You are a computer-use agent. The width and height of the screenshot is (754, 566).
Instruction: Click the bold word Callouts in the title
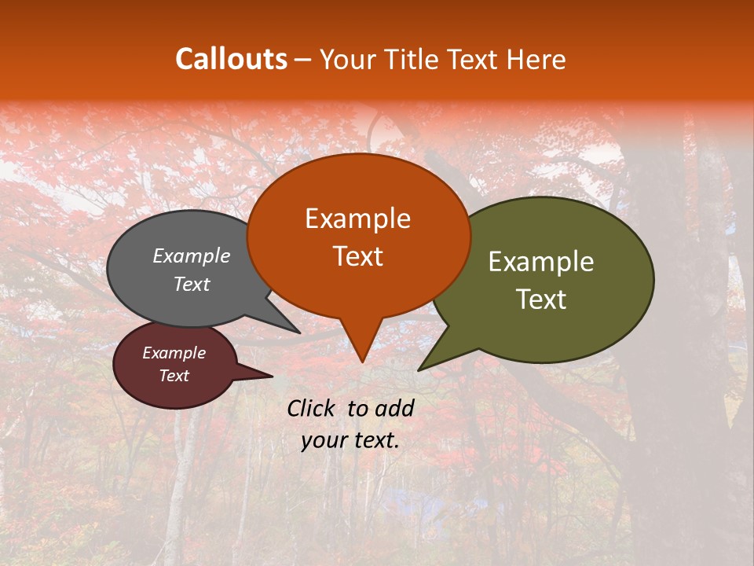coord(231,59)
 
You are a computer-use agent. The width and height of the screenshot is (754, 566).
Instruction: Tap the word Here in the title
coord(536,59)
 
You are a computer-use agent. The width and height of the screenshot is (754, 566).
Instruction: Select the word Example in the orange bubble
coord(357,219)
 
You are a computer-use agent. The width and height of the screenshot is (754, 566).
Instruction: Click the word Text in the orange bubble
coord(357,256)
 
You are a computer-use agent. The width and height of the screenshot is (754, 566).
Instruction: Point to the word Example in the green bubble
coord(541,262)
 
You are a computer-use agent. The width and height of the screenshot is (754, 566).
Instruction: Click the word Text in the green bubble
coord(541,300)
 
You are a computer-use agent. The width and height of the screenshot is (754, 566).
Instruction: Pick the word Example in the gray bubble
coord(191,256)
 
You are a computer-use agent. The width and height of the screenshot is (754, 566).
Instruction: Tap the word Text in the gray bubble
coord(191,285)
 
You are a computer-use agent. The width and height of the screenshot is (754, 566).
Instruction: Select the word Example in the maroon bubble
coord(174,353)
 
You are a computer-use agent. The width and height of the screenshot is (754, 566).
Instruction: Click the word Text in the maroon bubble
coord(174,376)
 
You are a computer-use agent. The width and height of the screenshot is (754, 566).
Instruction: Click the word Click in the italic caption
coord(313,408)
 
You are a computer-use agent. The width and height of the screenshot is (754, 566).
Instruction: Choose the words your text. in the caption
coord(350,440)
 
